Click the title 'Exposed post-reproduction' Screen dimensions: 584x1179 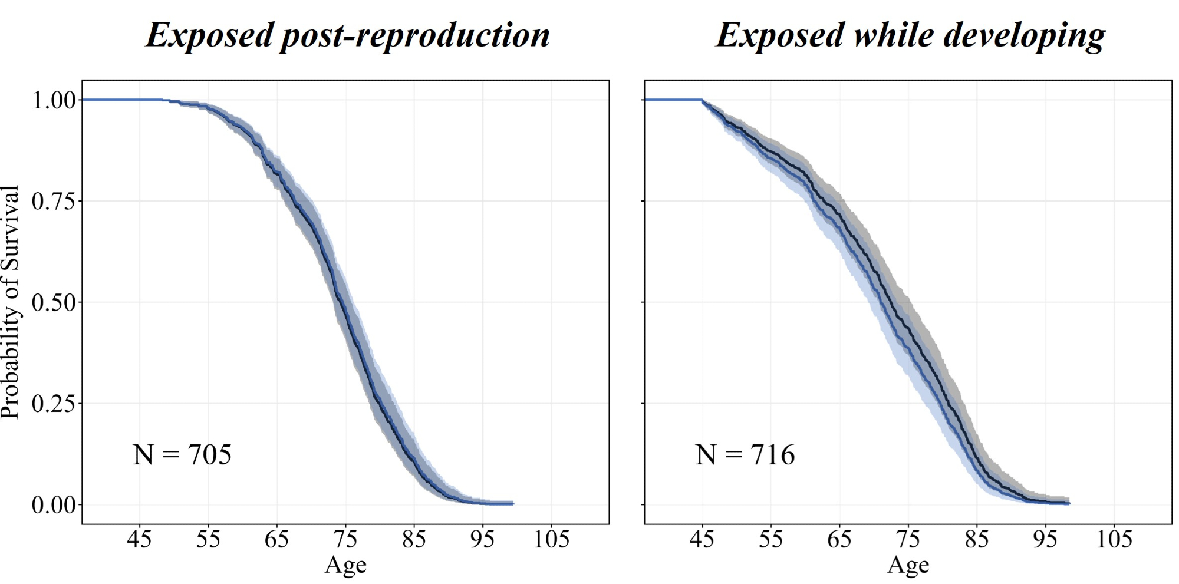tap(348, 35)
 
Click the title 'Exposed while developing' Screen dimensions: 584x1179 tap(910, 35)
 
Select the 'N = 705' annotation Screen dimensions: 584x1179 tap(182, 455)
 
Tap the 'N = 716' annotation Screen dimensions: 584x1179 tap(745, 455)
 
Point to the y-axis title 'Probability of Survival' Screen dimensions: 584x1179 tap(11, 302)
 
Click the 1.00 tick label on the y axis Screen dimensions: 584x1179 tap(54, 100)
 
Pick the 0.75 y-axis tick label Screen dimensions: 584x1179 tap(54, 202)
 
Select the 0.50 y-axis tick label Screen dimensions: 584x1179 tap(54, 302)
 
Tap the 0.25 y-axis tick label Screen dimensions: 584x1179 tap(54, 404)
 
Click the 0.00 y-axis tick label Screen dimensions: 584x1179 tap(54, 505)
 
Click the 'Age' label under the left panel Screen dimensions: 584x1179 tap(345, 565)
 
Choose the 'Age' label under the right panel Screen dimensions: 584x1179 tap(908, 565)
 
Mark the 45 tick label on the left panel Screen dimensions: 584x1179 tap(140, 539)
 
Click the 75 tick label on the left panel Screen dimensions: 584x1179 tap(345, 539)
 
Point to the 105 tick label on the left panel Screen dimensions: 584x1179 tap(551, 539)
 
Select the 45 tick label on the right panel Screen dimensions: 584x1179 tap(702, 539)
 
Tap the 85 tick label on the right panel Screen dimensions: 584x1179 tap(977, 539)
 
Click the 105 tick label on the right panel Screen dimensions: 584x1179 tap(1114, 539)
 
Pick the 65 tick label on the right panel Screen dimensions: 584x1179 tap(839, 539)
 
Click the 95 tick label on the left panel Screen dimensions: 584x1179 tap(483, 539)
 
